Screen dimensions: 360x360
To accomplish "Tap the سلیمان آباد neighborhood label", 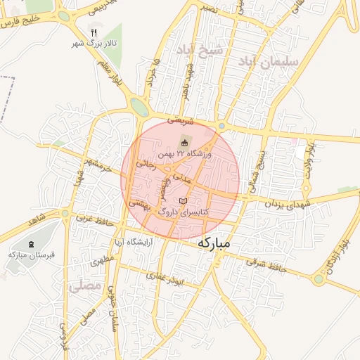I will coord(270,63).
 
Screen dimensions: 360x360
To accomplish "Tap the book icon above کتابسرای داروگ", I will coord(184,201).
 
